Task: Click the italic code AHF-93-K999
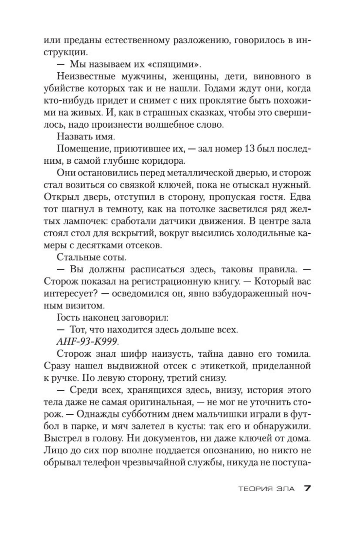pos(87,342)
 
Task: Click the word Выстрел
pos(63,438)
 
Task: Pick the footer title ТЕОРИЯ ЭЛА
pos(266,489)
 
